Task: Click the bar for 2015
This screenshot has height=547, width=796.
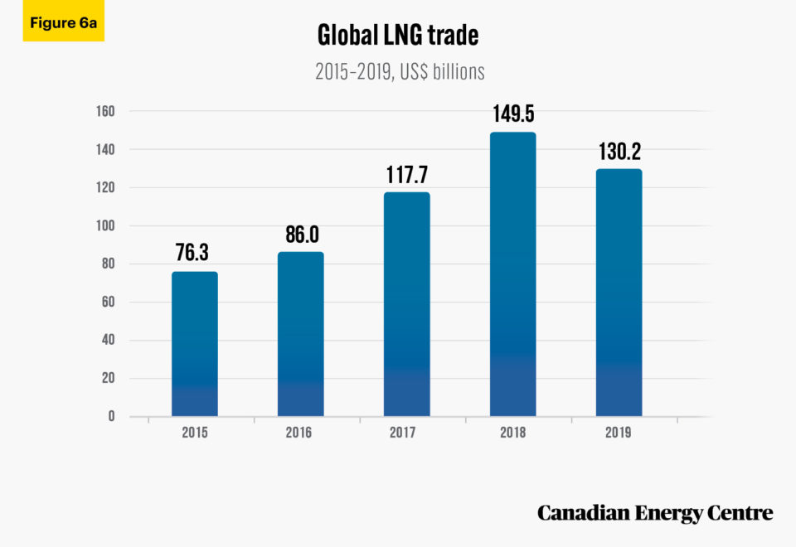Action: pyautogui.click(x=195, y=344)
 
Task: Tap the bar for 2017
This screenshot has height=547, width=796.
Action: pyautogui.click(x=406, y=304)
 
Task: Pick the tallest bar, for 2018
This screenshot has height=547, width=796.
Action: pyautogui.click(x=512, y=274)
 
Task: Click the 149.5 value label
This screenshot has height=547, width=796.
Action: pyautogui.click(x=512, y=114)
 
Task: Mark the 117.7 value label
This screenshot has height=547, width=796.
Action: pyautogui.click(x=406, y=174)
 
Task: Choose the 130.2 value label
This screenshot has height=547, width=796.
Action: pyautogui.click(x=619, y=151)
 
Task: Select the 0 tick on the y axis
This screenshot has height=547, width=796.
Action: pyautogui.click(x=110, y=416)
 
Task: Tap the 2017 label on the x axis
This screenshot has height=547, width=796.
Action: pyautogui.click(x=406, y=433)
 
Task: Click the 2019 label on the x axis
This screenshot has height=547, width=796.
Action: pyautogui.click(x=619, y=433)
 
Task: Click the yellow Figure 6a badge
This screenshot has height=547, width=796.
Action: pyautogui.click(x=64, y=22)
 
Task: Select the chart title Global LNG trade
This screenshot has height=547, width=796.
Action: pyautogui.click(x=399, y=36)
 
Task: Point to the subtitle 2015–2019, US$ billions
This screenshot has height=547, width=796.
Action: pyautogui.click(x=399, y=72)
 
